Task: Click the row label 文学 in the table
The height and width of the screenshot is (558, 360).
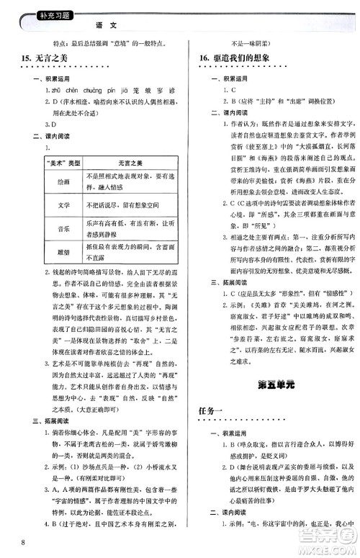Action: [63, 204]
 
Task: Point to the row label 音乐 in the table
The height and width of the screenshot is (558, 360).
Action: [63, 229]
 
